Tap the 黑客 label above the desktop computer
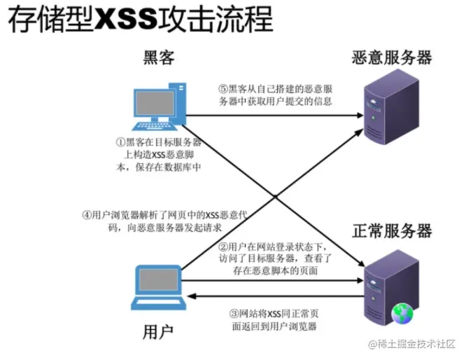159,57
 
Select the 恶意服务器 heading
392,57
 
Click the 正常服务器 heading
392,231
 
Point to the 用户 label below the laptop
158,332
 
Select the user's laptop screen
158,279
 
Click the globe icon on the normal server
402,314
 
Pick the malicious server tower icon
392,107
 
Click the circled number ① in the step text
120,142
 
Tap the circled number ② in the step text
223,247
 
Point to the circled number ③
234,313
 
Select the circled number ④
87,215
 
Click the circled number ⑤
223,89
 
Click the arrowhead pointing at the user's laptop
192,296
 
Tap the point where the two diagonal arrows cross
275,197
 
